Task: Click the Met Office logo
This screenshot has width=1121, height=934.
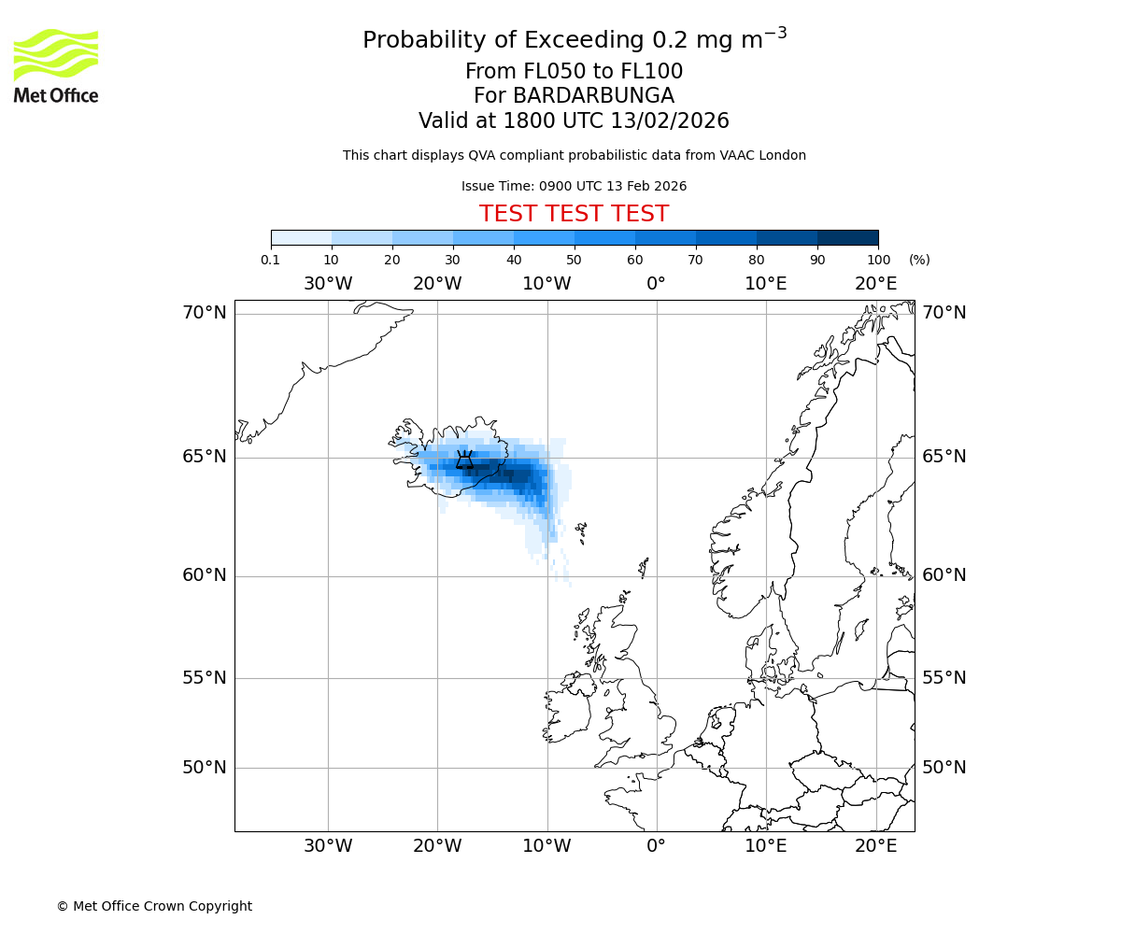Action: (x=56, y=65)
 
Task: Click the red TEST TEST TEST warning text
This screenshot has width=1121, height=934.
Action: (x=574, y=214)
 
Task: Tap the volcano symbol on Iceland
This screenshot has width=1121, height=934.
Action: (x=464, y=460)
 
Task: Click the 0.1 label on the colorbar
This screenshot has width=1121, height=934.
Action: (x=271, y=260)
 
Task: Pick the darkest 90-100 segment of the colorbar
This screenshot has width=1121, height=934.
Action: (x=847, y=237)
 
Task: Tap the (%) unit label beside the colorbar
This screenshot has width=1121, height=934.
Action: (x=919, y=260)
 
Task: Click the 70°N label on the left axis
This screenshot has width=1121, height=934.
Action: (x=205, y=313)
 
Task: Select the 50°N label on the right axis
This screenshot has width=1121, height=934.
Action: (x=944, y=768)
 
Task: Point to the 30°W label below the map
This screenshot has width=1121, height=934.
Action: (x=328, y=846)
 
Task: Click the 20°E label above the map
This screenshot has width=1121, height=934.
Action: (x=875, y=284)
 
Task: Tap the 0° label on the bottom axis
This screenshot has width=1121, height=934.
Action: (x=656, y=846)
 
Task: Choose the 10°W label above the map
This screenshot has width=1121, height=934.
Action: (x=546, y=284)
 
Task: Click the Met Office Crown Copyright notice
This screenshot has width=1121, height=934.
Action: (x=154, y=906)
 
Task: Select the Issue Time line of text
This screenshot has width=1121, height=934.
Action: (x=574, y=186)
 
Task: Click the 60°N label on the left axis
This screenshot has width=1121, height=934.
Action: (x=205, y=575)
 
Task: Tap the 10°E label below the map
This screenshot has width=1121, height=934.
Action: (x=765, y=846)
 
